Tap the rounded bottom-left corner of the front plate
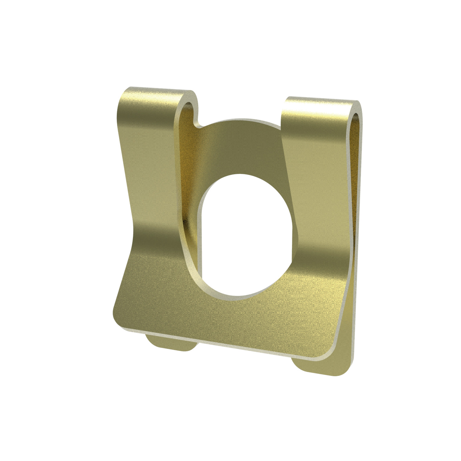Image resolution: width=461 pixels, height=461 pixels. (x=118, y=317)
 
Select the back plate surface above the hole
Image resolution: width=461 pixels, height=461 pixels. (x=243, y=148)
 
